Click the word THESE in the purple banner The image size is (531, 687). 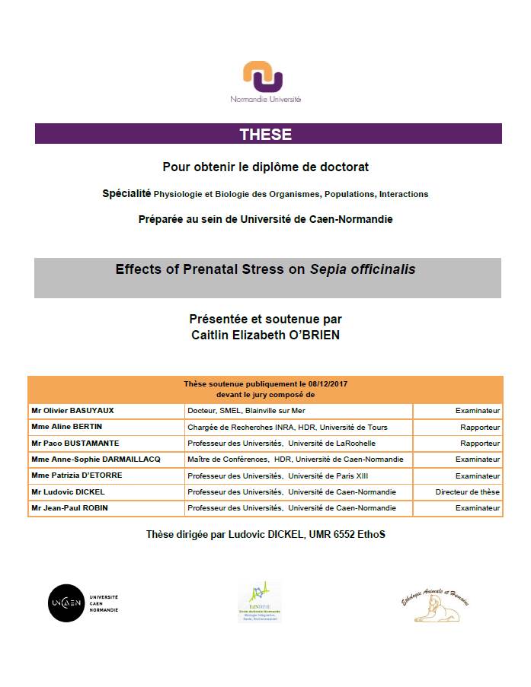tap(266, 134)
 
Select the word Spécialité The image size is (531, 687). tap(126, 193)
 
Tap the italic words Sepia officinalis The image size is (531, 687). tap(363, 269)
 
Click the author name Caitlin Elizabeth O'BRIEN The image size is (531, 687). tap(266, 333)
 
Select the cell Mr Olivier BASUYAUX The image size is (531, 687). tap(72, 411)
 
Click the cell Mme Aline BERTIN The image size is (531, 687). tap(67, 427)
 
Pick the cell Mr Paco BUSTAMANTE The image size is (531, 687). tap(75, 443)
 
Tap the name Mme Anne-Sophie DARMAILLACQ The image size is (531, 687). tap(96, 459)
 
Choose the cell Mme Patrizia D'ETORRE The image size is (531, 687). tap(77, 475)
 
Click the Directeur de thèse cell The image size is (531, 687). tap(467, 491)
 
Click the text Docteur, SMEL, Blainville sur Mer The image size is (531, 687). tap(245, 411)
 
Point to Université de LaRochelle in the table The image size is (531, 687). tap(331, 443)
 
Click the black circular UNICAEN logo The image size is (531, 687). tap(66, 603)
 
